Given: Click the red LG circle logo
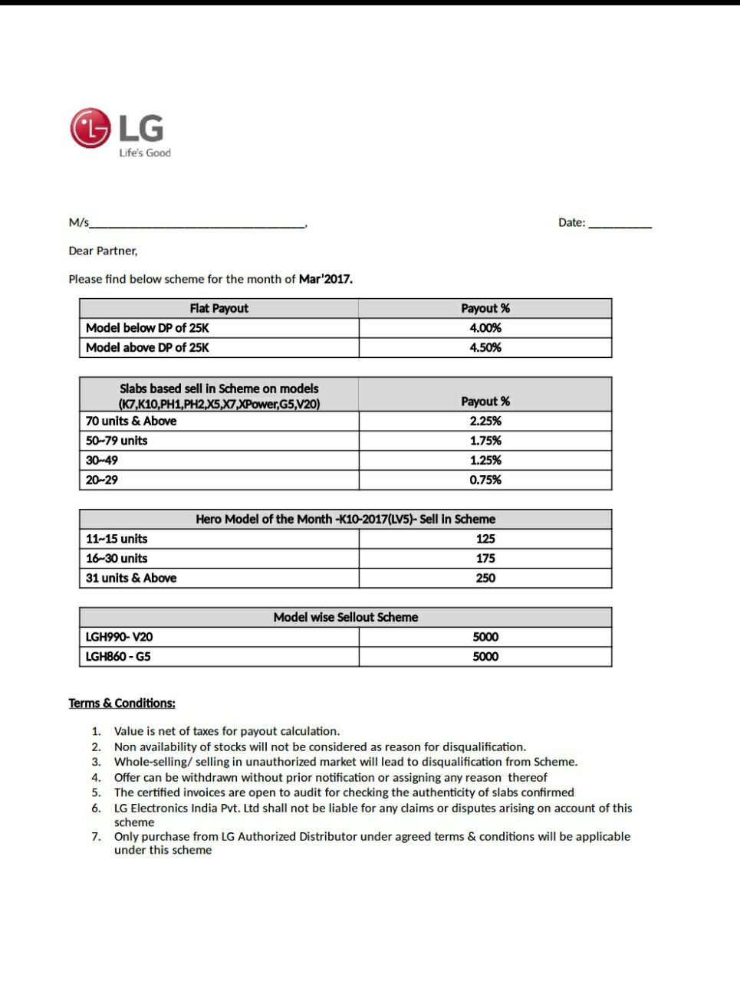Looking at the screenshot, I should [x=90, y=128].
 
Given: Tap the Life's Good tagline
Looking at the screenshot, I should [x=145, y=153].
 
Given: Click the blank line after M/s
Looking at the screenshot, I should [x=197, y=224].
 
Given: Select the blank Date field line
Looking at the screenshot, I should [x=620, y=224].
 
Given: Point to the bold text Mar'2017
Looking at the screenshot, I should [x=326, y=279].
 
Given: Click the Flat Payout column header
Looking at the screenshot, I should [x=219, y=308].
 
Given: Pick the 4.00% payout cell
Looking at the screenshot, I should [x=485, y=328].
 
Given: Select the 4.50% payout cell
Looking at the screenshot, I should [x=485, y=348].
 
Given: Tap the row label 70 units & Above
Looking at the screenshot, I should [x=131, y=421].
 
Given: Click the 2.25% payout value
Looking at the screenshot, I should [x=485, y=421].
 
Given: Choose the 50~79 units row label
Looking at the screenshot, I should [x=117, y=441].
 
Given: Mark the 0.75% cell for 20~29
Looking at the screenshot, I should [x=485, y=480].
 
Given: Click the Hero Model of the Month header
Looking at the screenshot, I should [x=345, y=519].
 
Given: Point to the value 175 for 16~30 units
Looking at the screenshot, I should [x=485, y=559].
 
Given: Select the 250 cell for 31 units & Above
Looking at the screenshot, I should [x=485, y=578].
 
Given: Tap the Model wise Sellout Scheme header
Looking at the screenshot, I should [x=346, y=617].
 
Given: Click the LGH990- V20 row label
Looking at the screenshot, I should [x=119, y=637].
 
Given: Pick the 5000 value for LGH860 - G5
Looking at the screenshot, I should [x=485, y=657].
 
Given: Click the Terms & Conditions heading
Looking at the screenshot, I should [x=122, y=703].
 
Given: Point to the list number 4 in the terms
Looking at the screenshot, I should [x=96, y=777].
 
